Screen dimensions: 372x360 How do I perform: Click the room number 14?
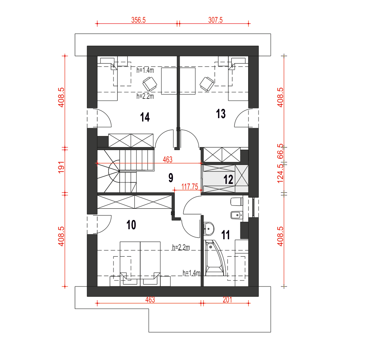point(145,117)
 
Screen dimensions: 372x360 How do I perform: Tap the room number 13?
point(221,114)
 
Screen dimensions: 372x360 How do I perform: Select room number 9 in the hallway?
point(171,178)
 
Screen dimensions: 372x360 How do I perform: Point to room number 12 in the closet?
point(228,179)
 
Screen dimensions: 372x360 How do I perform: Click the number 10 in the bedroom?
point(131,225)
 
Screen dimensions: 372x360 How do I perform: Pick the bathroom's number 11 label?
point(225,235)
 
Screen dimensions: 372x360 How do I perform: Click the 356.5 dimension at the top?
point(138,20)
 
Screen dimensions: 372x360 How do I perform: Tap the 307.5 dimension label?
point(215,20)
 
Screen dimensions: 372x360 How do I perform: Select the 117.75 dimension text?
point(190,187)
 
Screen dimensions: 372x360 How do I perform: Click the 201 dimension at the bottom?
point(227,300)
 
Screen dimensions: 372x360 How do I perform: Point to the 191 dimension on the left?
point(61,167)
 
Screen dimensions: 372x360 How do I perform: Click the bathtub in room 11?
point(215,258)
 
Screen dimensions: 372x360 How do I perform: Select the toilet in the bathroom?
point(237,202)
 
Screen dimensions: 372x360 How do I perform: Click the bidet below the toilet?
point(237,215)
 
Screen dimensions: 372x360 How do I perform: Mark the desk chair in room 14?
point(150,84)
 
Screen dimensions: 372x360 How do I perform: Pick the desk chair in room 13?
point(207,84)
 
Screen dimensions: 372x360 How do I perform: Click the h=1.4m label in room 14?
point(145,70)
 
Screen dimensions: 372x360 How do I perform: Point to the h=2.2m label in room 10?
point(181,247)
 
